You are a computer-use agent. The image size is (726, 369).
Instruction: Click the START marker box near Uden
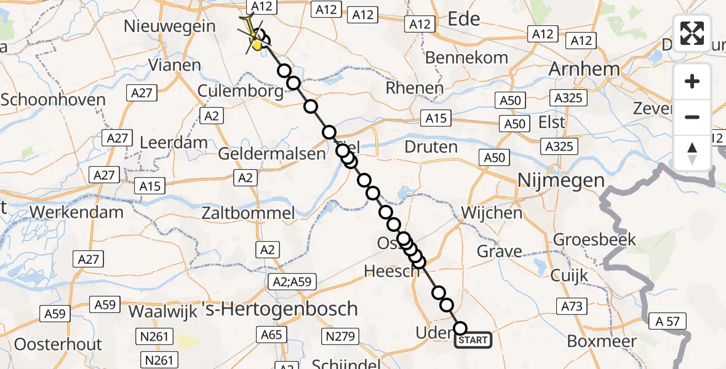coord(473,340)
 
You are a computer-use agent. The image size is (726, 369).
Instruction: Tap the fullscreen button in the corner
coord(692,33)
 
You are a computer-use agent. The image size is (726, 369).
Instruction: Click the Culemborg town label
coord(241,92)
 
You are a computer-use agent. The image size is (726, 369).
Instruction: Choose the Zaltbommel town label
coord(248,213)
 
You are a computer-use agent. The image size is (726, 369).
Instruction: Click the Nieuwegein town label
coord(170,26)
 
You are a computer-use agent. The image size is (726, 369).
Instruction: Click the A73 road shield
coord(572,305)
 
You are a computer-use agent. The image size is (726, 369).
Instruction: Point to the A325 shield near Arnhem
coord(567,97)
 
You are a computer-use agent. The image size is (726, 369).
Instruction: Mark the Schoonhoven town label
coord(53,100)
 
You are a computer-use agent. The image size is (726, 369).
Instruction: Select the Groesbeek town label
coord(594,239)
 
